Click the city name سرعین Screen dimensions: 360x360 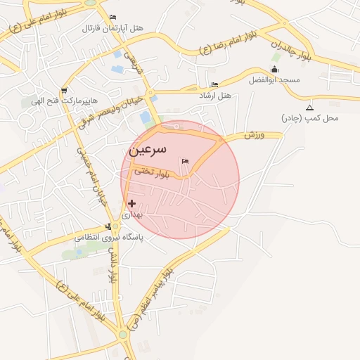point(148,150)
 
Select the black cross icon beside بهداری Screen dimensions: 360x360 point(131,203)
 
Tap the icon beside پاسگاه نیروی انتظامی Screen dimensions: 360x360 point(108,226)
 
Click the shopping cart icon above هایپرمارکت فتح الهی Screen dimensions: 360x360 point(65,90)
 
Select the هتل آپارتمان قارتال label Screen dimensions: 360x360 point(113,28)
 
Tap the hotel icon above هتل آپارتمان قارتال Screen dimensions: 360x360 point(113,17)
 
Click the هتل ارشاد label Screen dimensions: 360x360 point(215,95)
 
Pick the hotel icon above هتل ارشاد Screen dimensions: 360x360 point(214,84)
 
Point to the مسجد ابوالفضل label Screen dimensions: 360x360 point(274,80)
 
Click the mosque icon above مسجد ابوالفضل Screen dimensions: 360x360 point(274,70)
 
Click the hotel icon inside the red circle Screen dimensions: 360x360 point(186,161)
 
